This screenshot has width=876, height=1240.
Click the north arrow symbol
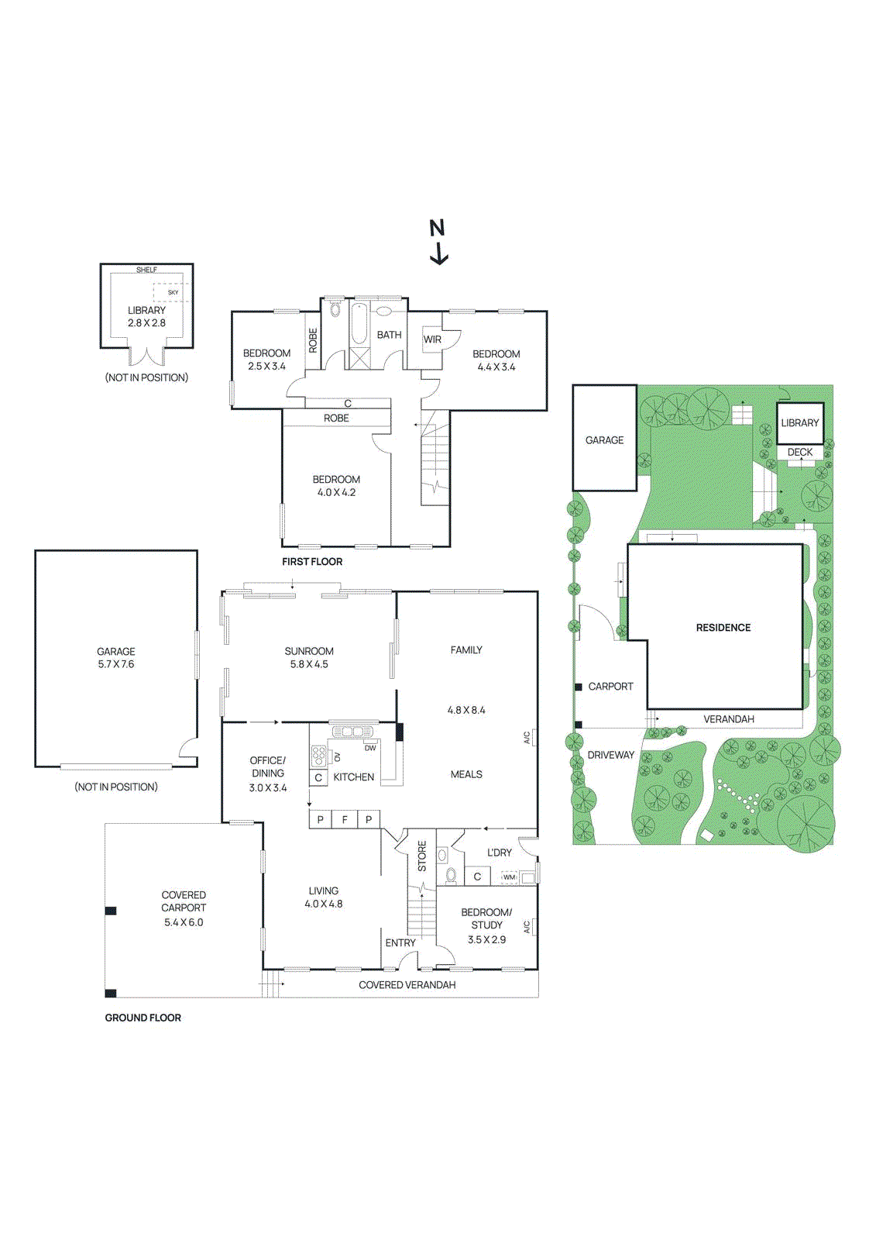pyautogui.click(x=438, y=243)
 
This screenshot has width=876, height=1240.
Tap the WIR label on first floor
pyautogui.click(x=432, y=339)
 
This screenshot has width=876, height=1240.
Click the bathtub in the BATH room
pyautogui.click(x=359, y=324)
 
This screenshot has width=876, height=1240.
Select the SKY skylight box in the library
pyautogui.click(x=172, y=292)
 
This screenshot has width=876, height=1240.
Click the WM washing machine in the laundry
pyautogui.click(x=509, y=877)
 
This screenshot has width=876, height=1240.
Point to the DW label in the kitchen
pyautogui.click(x=370, y=748)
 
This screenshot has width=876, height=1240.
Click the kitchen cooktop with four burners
pyautogui.click(x=318, y=756)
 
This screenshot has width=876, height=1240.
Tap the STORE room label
pyautogui.click(x=422, y=856)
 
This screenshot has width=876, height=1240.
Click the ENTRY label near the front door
pyautogui.click(x=400, y=942)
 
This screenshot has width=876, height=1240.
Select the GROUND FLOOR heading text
pyautogui.click(x=143, y=1018)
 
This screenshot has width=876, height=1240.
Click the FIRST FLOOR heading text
pyautogui.click(x=312, y=561)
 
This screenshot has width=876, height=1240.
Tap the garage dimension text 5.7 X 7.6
pyautogui.click(x=116, y=664)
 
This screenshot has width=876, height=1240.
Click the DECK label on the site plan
pyautogui.click(x=800, y=452)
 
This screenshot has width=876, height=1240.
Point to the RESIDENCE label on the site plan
pyautogui.click(x=723, y=628)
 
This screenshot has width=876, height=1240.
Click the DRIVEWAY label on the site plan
pyautogui.click(x=610, y=755)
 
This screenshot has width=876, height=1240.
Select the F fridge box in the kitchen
pyautogui.click(x=345, y=819)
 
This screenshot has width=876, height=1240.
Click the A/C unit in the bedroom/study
pyautogui.click(x=527, y=926)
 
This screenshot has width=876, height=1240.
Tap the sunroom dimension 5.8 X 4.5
pyautogui.click(x=309, y=664)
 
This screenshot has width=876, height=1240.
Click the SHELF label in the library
pyautogui.click(x=146, y=270)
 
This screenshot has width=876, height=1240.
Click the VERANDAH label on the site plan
pyautogui.click(x=728, y=719)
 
